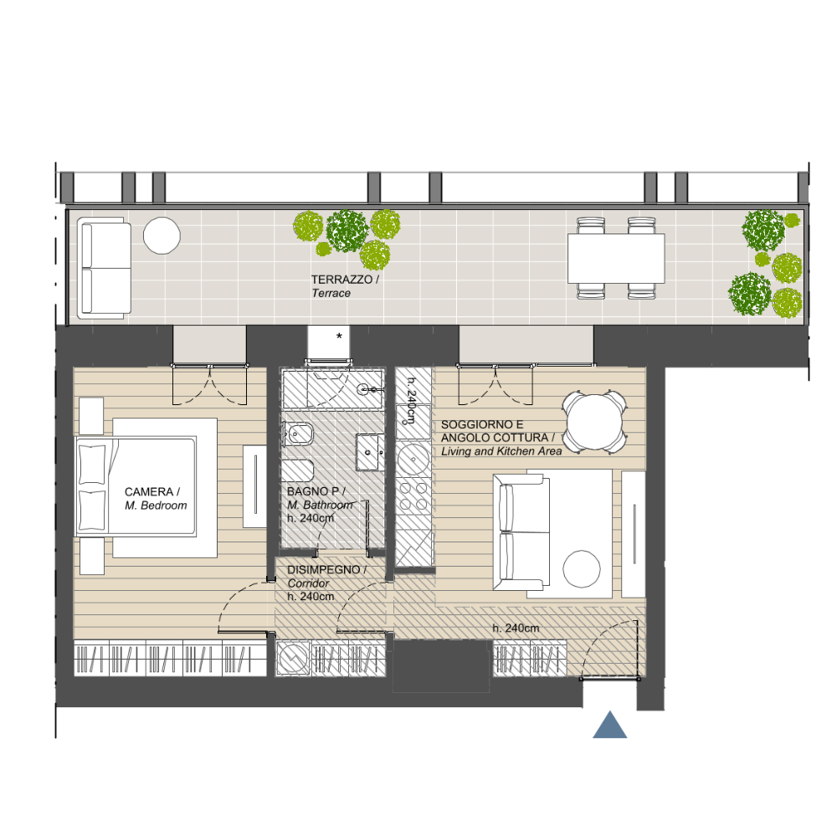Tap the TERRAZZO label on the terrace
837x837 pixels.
[341, 280]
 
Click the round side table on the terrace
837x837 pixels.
[162, 235]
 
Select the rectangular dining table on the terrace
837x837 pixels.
[616, 259]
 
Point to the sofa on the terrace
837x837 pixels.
[104, 268]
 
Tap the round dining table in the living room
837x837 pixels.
[594, 422]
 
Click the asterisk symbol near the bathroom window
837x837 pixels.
[339, 336]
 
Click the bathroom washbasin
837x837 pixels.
[369, 452]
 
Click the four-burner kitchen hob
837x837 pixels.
[413, 496]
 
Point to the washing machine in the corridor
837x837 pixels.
[293, 658]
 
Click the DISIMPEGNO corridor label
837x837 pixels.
[323, 569]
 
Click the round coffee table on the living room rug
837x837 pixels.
[582, 569]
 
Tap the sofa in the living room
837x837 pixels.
[521, 532]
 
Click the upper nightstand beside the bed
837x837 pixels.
[91, 416]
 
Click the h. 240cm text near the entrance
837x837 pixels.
[516, 629]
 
